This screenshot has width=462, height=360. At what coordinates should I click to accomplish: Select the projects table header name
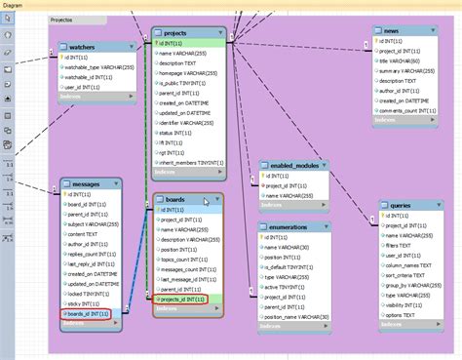tap(176, 32)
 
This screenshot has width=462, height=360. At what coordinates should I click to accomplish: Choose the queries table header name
tap(401, 205)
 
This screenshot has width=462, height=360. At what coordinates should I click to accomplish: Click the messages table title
tap(86, 182)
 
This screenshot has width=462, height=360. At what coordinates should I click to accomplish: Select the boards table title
tap(175, 199)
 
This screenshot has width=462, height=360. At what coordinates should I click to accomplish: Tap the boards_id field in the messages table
tap(91, 314)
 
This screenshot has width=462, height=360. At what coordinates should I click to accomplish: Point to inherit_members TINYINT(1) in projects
tap(189, 162)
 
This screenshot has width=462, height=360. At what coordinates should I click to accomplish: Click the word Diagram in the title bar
tap(15, 4)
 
